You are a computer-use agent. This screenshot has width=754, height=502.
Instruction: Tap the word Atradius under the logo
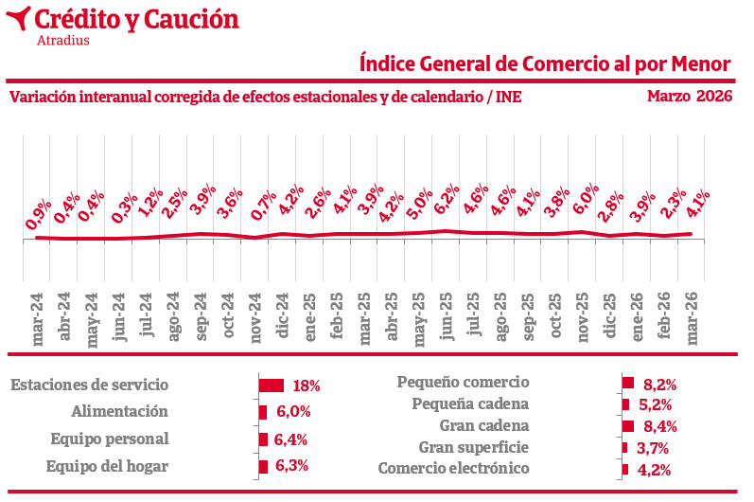[x=62, y=40]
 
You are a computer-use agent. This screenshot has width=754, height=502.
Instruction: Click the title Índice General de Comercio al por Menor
[x=546, y=63]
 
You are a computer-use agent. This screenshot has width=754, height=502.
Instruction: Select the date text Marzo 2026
[x=690, y=96]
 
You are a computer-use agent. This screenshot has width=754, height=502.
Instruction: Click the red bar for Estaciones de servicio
[x=272, y=385]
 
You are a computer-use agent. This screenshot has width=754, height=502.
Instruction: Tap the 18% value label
[x=307, y=385]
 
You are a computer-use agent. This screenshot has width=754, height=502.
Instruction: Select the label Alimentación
[x=119, y=412]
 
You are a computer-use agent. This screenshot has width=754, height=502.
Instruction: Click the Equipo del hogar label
[x=107, y=466]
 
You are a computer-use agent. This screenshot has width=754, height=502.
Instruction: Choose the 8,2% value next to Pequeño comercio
[x=659, y=384]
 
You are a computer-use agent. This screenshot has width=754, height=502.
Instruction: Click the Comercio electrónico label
[x=452, y=469]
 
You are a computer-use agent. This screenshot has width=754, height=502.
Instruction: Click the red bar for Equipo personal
[x=263, y=439]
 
